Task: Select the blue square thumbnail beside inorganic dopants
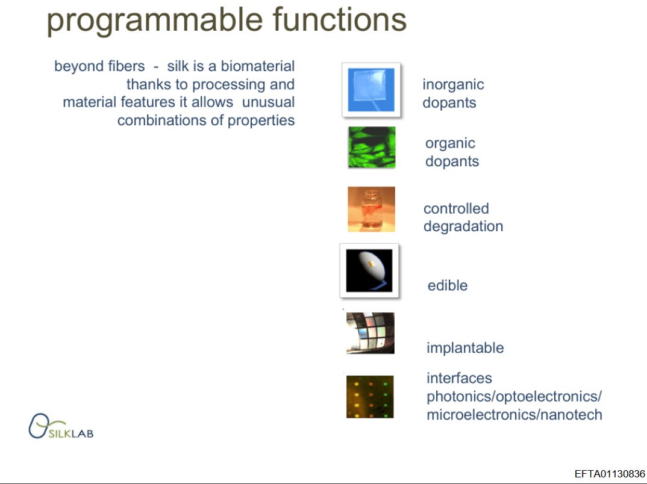[x=371, y=90]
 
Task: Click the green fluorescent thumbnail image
[x=372, y=147]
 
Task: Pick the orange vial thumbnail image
[x=371, y=209]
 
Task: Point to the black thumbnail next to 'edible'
[x=369, y=270]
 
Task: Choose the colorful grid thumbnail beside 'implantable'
[x=370, y=333]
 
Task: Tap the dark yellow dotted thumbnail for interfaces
[x=370, y=397]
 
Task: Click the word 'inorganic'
[x=453, y=85]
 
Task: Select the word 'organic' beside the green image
[x=450, y=143]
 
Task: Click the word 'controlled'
[x=456, y=209]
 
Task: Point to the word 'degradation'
[x=463, y=226]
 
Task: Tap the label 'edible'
[x=447, y=285]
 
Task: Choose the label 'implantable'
[x=465, y=348]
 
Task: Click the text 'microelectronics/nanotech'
[x=514, y=415]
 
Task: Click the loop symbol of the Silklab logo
[x=39, y=426]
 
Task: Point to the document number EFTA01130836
[x=609, y=474]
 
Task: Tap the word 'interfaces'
[x=459, y=378]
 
